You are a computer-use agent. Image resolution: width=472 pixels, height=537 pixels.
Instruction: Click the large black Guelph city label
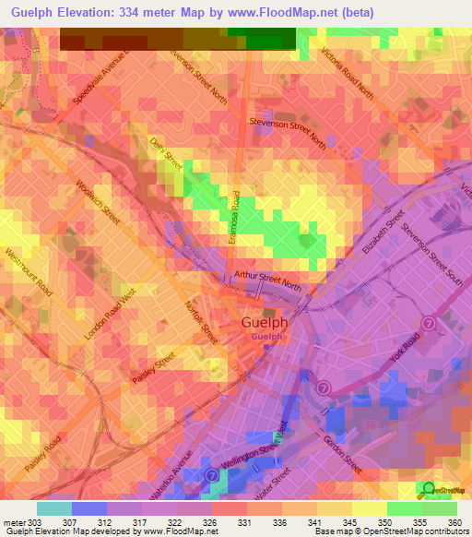tap(264, 323)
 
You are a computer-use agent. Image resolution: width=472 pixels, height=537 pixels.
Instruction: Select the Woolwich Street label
tap(100, 200)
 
